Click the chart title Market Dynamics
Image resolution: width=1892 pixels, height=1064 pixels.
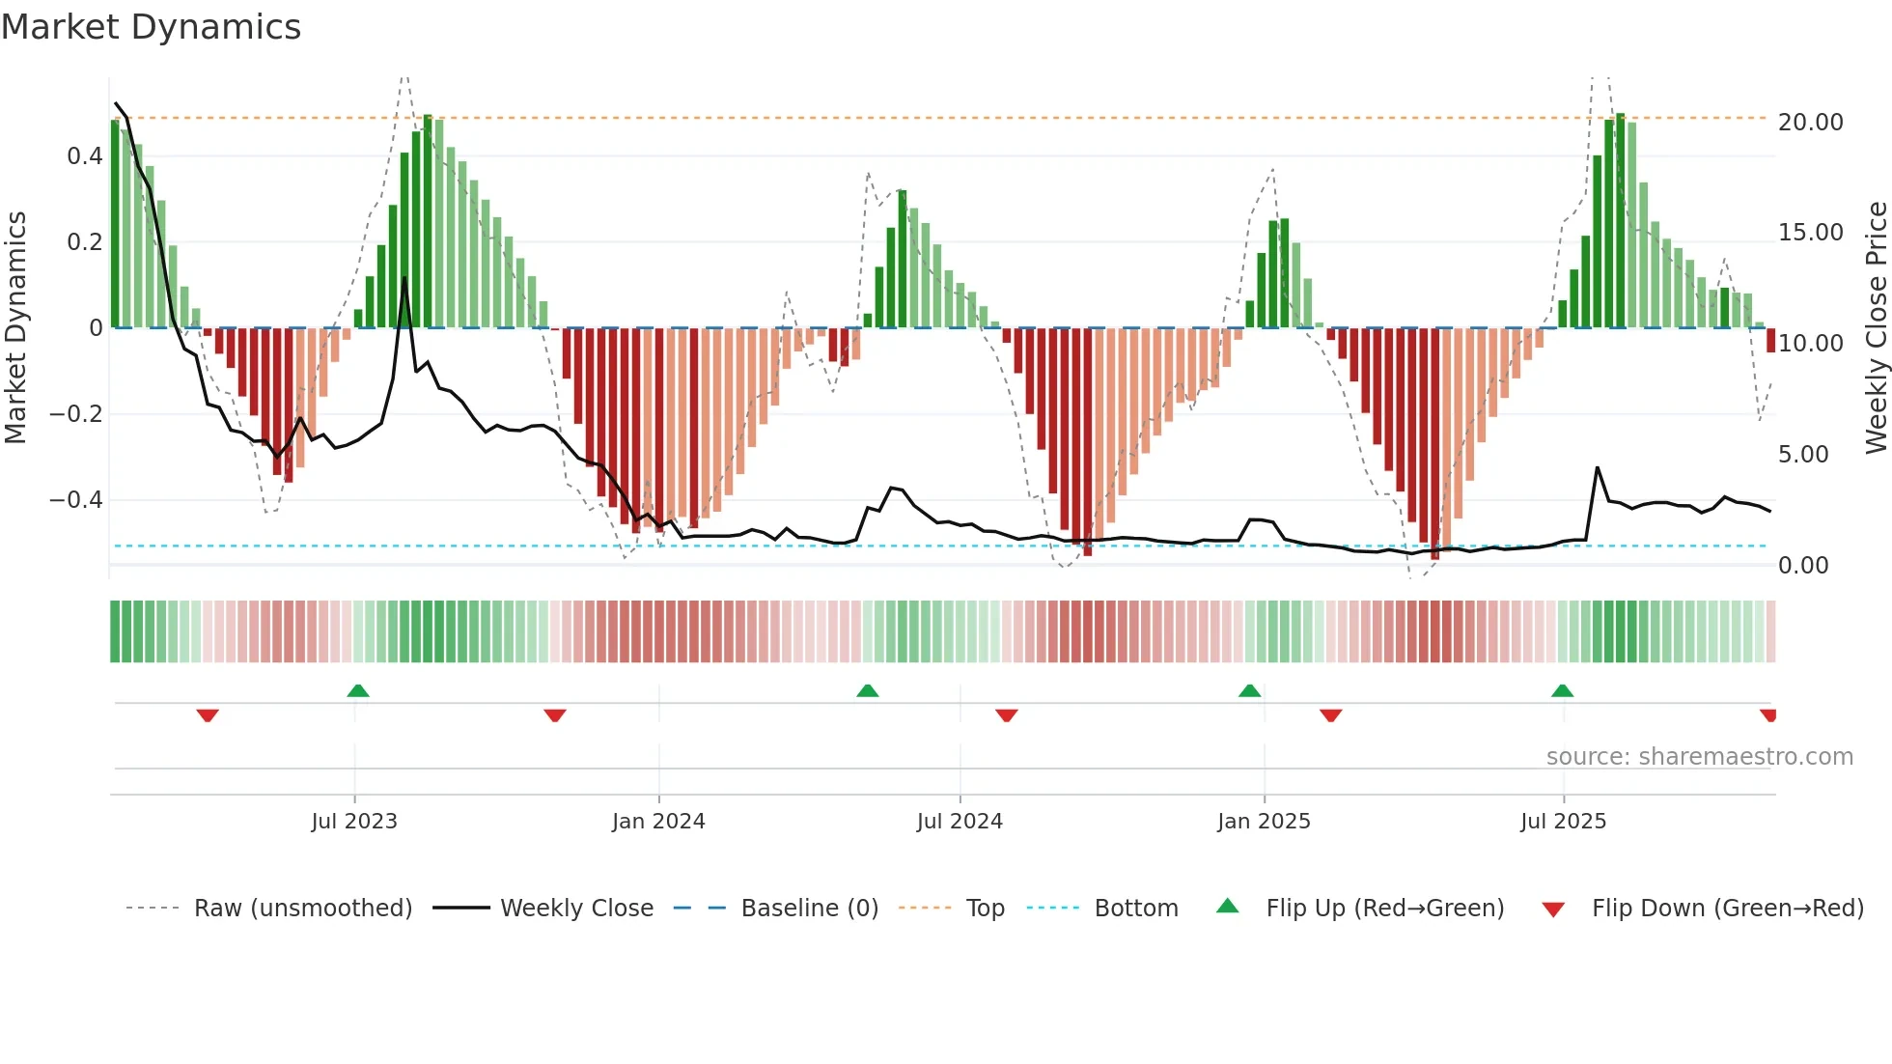click(x=151, y=27)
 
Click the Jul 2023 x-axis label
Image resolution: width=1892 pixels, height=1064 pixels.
click(x=354, y=821)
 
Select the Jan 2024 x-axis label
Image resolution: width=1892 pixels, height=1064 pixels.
click(x=658, y=821)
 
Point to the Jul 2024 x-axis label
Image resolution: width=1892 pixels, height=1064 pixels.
click(x=960, y=821)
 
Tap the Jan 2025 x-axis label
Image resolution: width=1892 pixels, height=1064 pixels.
click(x=1264, y=821)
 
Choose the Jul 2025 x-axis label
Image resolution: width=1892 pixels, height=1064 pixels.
click(x=1563, y=821)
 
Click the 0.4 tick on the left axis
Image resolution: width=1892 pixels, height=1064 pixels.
click(x=85, y=156)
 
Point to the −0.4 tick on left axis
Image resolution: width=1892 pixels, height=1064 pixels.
click(x=76, y=500)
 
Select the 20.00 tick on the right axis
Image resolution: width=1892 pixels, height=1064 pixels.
click(x=1811, y=123)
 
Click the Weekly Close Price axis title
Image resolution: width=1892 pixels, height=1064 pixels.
click(x=1876, y=328)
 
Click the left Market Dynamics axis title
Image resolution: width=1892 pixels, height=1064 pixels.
click(x=15, y=328)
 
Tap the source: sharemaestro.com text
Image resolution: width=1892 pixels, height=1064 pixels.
click(x=1699, y=757)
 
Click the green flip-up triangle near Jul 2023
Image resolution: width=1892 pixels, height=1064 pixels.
click(x=358, y=690)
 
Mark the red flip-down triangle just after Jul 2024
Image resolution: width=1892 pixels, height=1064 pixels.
click(x=1006, y=715)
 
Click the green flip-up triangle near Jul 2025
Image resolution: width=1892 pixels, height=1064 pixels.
click(x=1562, y=690)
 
